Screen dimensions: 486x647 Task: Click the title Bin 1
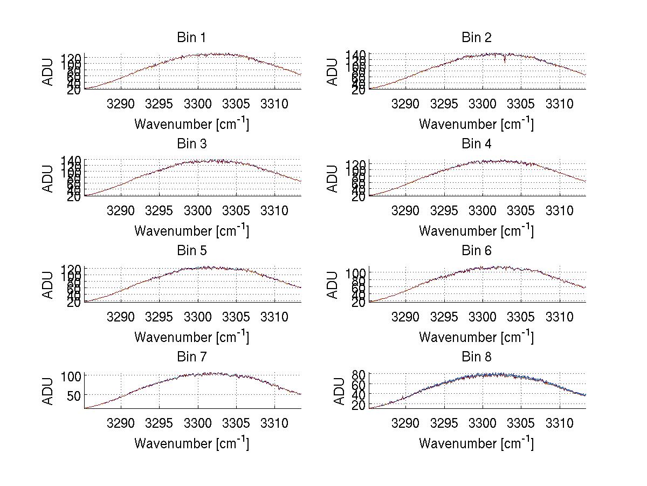pyautogui.click(x=191, y=38)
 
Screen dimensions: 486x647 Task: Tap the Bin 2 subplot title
pyautogui.click(x=476, y=38)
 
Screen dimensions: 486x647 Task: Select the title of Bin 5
pyautogui.click(x=191, y=251)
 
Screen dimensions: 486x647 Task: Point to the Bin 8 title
pyautogui.click(x=476, y=357)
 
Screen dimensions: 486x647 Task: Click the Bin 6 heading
pyautogui.click(x=476, y=251)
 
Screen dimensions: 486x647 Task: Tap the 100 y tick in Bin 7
pyautogui.click(x=71, y=375)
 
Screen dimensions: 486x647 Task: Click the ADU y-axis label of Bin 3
pyautogui.click(x=48, y=179)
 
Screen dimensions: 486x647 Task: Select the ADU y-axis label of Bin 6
pyautogui.click(x=333, y=285)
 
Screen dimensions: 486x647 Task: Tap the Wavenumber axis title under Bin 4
pyautogui.click(x=476, y=230)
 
